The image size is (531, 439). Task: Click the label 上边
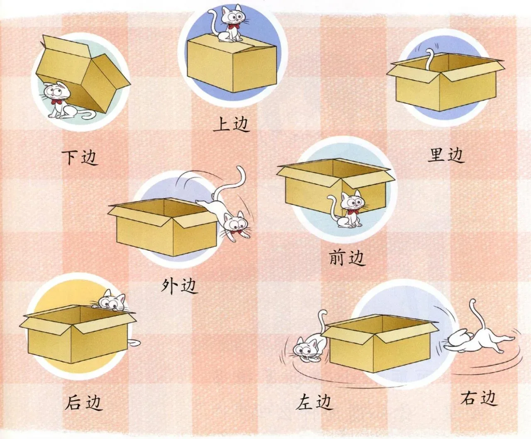231,124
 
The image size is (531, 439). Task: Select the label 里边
446,155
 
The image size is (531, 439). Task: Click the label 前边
347,257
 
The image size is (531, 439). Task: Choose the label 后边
84,402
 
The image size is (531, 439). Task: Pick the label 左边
314,402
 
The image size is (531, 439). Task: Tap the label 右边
479,398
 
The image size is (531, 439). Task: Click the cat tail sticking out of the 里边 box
430,59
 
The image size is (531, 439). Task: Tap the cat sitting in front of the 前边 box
347,209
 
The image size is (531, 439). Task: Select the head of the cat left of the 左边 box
305,349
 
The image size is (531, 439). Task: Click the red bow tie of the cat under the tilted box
56,102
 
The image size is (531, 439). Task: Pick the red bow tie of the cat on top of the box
231,27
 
